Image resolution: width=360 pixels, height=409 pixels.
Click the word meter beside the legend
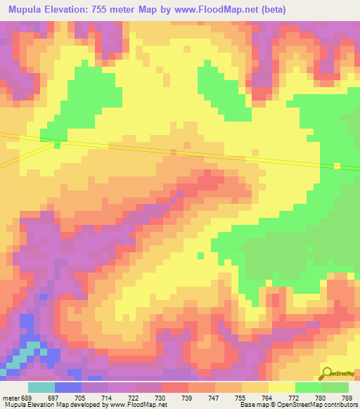11,398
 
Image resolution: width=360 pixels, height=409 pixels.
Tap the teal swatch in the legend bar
41,387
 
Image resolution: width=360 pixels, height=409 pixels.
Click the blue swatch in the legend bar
67,387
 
